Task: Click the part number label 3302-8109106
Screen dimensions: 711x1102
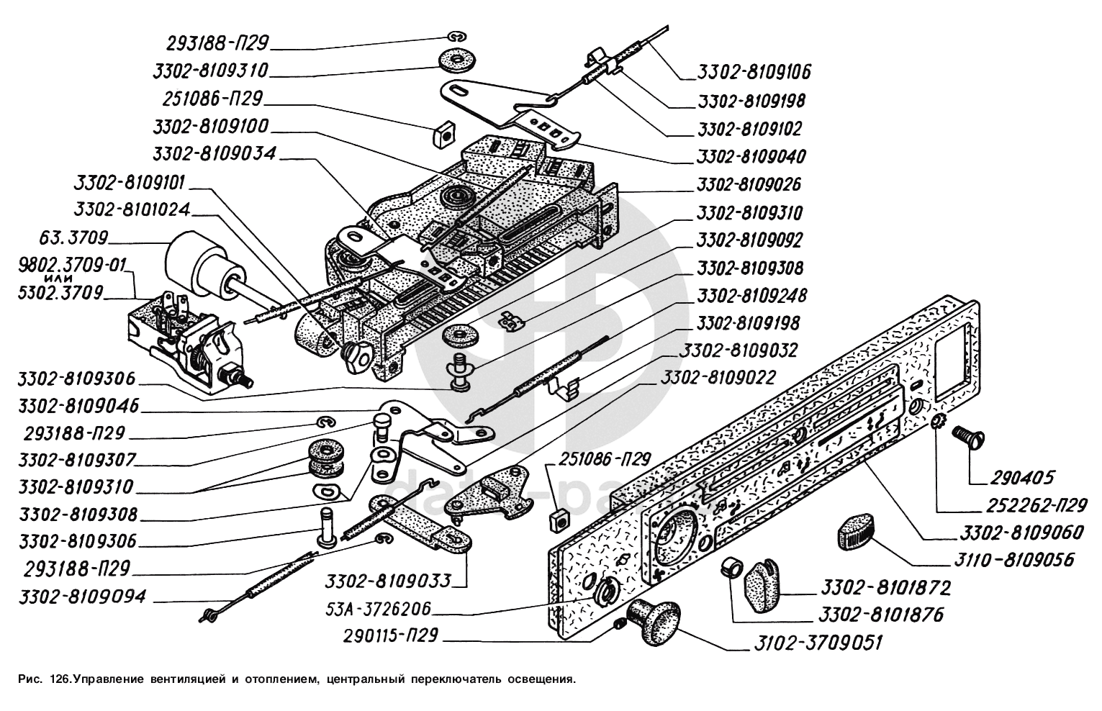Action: click(x=754, y=71)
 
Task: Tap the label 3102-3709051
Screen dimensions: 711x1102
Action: click(x=818, y=643)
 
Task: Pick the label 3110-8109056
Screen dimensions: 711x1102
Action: click(x=1016, y=559)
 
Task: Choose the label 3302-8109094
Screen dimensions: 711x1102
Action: click(x=83, y=596)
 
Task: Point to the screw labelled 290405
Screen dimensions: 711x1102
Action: click(x=968, y=436)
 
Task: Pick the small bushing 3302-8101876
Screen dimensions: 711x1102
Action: click(x=732, y=566)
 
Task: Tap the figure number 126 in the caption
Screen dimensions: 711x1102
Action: click(x=61, y=679)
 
